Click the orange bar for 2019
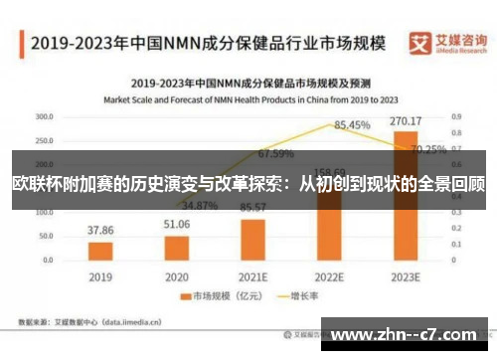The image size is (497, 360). [99, 250]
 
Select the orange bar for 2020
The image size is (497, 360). [177, 246]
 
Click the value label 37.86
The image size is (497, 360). [100, 230]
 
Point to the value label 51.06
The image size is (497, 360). [177, 225]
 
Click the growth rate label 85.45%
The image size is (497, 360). [352, 125]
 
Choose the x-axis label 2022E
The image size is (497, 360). [329, 275]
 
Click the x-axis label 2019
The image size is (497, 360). [100, 275]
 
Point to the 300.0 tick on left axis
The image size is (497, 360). [44, 116]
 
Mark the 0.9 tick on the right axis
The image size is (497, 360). [455, 116]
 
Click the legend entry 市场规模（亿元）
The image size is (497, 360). [212, 295]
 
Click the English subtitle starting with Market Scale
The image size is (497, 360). [248, 100]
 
